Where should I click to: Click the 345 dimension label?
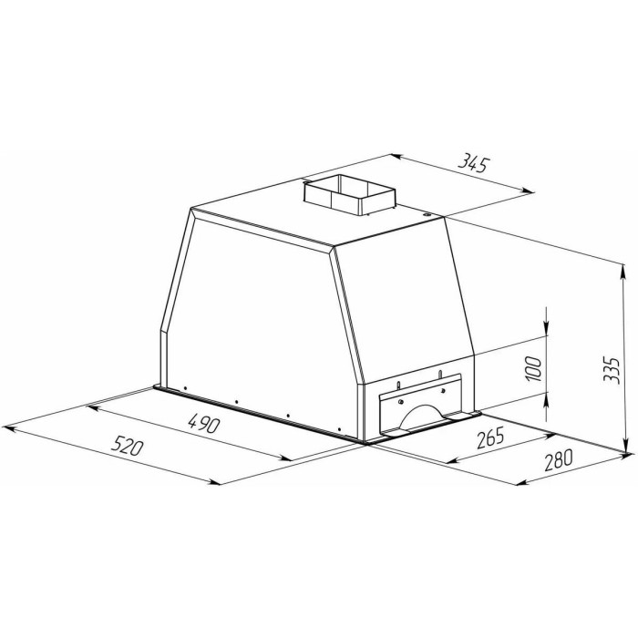point(473,163)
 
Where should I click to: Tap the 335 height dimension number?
point(612,370)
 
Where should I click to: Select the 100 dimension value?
point(533,368)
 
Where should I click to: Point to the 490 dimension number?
point(203,424)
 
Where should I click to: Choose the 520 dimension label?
point(128,445)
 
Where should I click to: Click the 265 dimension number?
point(490,437)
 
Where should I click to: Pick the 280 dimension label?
point(558,459)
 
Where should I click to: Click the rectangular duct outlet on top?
point(349,196)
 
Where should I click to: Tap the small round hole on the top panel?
point(426,214)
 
